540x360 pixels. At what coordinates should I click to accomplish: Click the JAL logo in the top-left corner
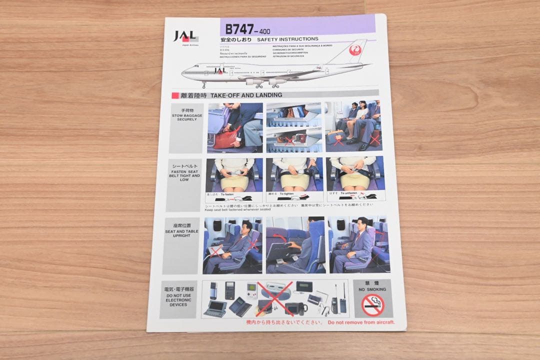pos(185,36)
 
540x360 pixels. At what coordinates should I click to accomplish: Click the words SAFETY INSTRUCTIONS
pos(287,39)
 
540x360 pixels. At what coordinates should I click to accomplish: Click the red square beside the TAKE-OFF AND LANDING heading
pos(175,95)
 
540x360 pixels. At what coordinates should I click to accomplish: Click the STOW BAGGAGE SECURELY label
pos(187,115)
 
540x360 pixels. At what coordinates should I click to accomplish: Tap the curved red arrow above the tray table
pos(281,236)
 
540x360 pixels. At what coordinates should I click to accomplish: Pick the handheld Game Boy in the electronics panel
pos(251,288)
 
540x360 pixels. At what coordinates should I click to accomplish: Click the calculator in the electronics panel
pos(229,290)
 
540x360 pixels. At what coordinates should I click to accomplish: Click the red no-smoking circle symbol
pos(372,304)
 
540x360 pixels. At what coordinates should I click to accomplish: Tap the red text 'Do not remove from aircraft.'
pos(361,322)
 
